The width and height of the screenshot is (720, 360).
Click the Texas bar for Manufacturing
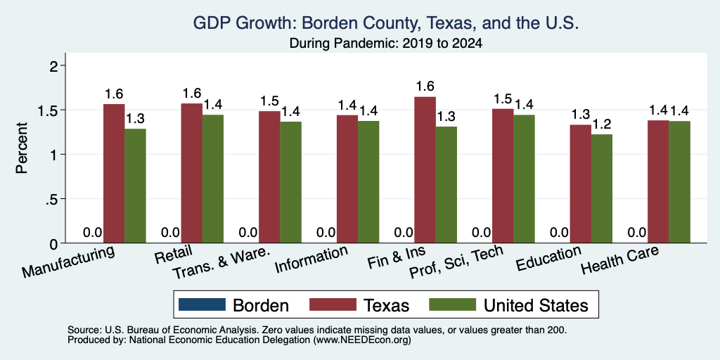(114, 174)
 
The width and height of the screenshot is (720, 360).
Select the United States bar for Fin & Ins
(446, 185)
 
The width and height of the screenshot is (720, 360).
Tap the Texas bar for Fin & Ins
(425, 170)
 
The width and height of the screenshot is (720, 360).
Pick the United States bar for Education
(602, 188)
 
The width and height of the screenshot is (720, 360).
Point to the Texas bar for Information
(347, 179)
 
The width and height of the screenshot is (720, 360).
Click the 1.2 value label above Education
(602, 124)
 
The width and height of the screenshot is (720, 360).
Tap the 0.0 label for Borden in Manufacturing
(92, 232)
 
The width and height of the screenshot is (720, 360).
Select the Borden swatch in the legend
(202, 304)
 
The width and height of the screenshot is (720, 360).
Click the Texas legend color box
(333, 304)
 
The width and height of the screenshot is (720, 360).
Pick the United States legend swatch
(452, 304)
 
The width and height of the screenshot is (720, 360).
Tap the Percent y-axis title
(22, 148)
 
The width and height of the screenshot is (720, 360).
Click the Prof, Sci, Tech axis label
(456, 263)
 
